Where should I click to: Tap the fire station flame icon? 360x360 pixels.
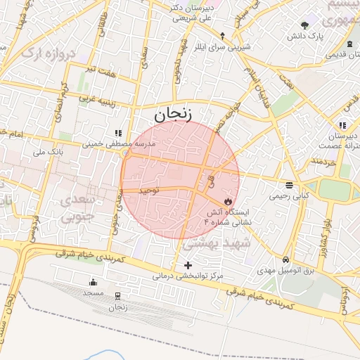[228, 200]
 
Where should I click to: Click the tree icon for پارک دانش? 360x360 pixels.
[304, 25]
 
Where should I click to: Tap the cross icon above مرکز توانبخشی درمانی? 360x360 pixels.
[187, 265]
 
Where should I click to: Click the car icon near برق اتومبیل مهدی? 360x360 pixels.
[285, 259]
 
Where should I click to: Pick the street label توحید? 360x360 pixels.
[150, 190]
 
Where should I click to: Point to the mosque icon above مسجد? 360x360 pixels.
[94, 281]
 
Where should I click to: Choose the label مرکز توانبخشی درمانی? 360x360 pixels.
[188, 276]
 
